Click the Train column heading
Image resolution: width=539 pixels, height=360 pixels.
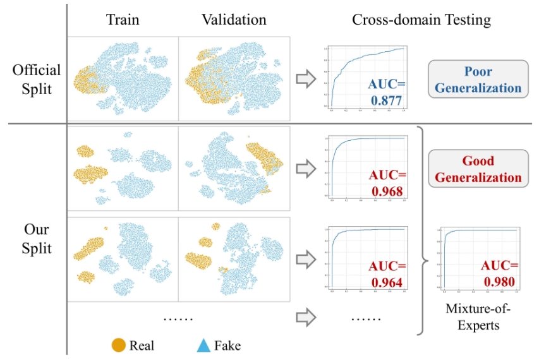pos(123,20)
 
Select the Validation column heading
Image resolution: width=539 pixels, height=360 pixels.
pos(234,20)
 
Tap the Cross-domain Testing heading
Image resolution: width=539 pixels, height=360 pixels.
pos(421,20)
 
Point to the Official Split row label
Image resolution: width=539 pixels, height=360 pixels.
pos(37,79)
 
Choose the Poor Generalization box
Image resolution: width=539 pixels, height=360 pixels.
pos(478,80)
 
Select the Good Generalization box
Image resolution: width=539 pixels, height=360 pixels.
pos(478,169)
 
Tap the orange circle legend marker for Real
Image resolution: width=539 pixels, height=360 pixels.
pos(118,345)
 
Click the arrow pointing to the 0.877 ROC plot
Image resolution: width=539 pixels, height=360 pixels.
pos(306,78)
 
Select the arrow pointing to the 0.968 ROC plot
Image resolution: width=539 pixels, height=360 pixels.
pos(306,168)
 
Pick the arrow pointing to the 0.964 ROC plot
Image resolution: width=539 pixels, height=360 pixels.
pos(306,258)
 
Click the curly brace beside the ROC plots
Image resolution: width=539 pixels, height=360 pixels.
pos(420,229)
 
